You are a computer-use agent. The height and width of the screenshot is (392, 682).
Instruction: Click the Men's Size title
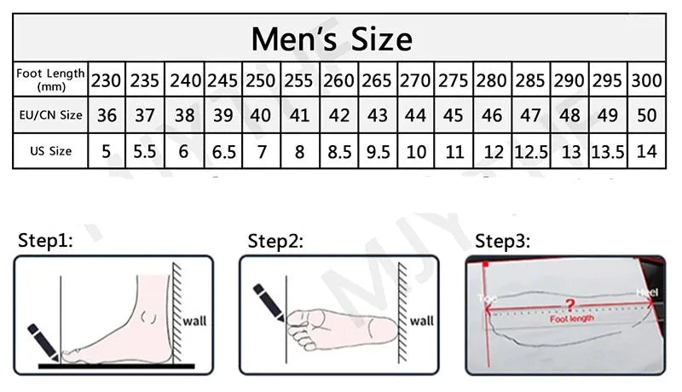click(332, 39)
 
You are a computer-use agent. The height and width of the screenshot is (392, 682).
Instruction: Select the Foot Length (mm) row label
click(51, 79)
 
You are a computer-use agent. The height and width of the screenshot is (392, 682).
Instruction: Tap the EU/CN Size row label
click(51, 114)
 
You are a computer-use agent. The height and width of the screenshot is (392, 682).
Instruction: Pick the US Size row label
click(51, 151)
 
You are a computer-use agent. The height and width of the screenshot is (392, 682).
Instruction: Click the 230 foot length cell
click(107, 80)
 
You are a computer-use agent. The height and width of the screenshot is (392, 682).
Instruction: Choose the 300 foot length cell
click(647, 80)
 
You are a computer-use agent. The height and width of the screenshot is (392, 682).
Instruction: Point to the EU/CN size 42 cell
click(338, 115)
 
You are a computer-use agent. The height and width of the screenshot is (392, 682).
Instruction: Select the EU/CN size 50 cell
click(647, 115)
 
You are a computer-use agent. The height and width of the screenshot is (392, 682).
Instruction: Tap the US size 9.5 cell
click(377, 152)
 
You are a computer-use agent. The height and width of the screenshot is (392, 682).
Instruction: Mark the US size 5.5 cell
click(145, 152)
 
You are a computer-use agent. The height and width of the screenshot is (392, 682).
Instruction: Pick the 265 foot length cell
click(377, 80)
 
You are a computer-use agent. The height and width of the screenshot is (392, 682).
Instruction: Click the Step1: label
click(47, 241)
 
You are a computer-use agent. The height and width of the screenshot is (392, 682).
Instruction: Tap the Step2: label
click(275, 241)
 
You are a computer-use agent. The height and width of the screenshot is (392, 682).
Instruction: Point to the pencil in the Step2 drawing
click(272, 304)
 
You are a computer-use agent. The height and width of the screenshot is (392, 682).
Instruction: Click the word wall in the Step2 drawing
click(421, 321)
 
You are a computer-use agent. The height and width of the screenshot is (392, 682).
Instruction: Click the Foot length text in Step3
click(571, 318)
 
